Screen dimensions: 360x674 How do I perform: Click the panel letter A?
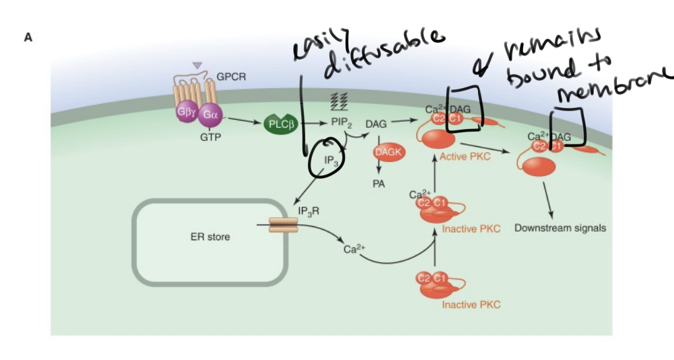28,38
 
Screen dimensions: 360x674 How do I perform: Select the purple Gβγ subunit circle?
185,112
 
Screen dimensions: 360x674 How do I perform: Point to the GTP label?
210,137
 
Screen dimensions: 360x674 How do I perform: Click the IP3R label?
309,210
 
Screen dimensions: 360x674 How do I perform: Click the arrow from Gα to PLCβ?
243,122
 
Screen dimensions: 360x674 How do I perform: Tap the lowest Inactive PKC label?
471,304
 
